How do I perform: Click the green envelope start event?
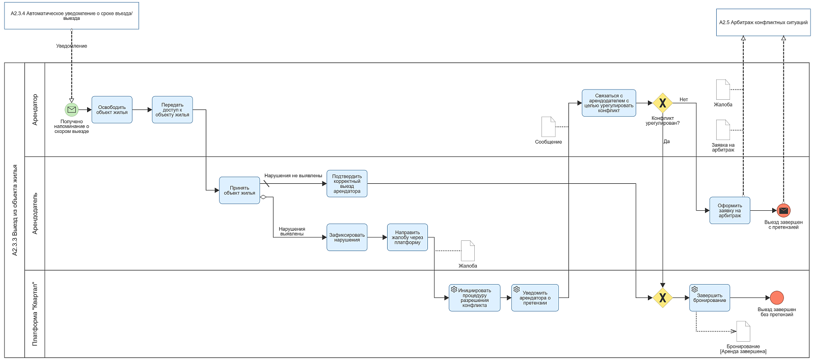[x=72, y=109]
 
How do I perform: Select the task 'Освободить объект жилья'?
[x=112, y=109]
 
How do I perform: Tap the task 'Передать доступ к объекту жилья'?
[x=172, y=109]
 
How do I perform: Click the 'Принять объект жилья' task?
[x=239, y=190]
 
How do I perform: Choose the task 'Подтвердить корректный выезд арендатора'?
[x=347, y=184]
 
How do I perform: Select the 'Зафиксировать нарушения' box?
[x=347, y=237]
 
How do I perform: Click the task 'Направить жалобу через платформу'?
[x=407, y=237]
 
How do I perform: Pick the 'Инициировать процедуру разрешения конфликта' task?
[x=474, y=297]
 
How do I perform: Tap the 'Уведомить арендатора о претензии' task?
[x=535, y=297]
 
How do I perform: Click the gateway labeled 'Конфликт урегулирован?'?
[x=663, y=103]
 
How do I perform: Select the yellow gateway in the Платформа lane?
[x=663, y=298]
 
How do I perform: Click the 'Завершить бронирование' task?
[x=710, y=297]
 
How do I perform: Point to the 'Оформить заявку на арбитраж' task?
[x=729, y=210]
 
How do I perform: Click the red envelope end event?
[x=783, y=210]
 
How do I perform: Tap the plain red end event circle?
[x=777, y=297]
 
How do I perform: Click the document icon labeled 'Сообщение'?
[x=548, y=127]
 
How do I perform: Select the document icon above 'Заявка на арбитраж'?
[x=723, y=130]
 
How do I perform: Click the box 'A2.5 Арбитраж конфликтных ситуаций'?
[x=764, y=22]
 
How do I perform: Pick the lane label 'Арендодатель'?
[x=35, y=213]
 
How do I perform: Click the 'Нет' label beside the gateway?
[x=684, y=99]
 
